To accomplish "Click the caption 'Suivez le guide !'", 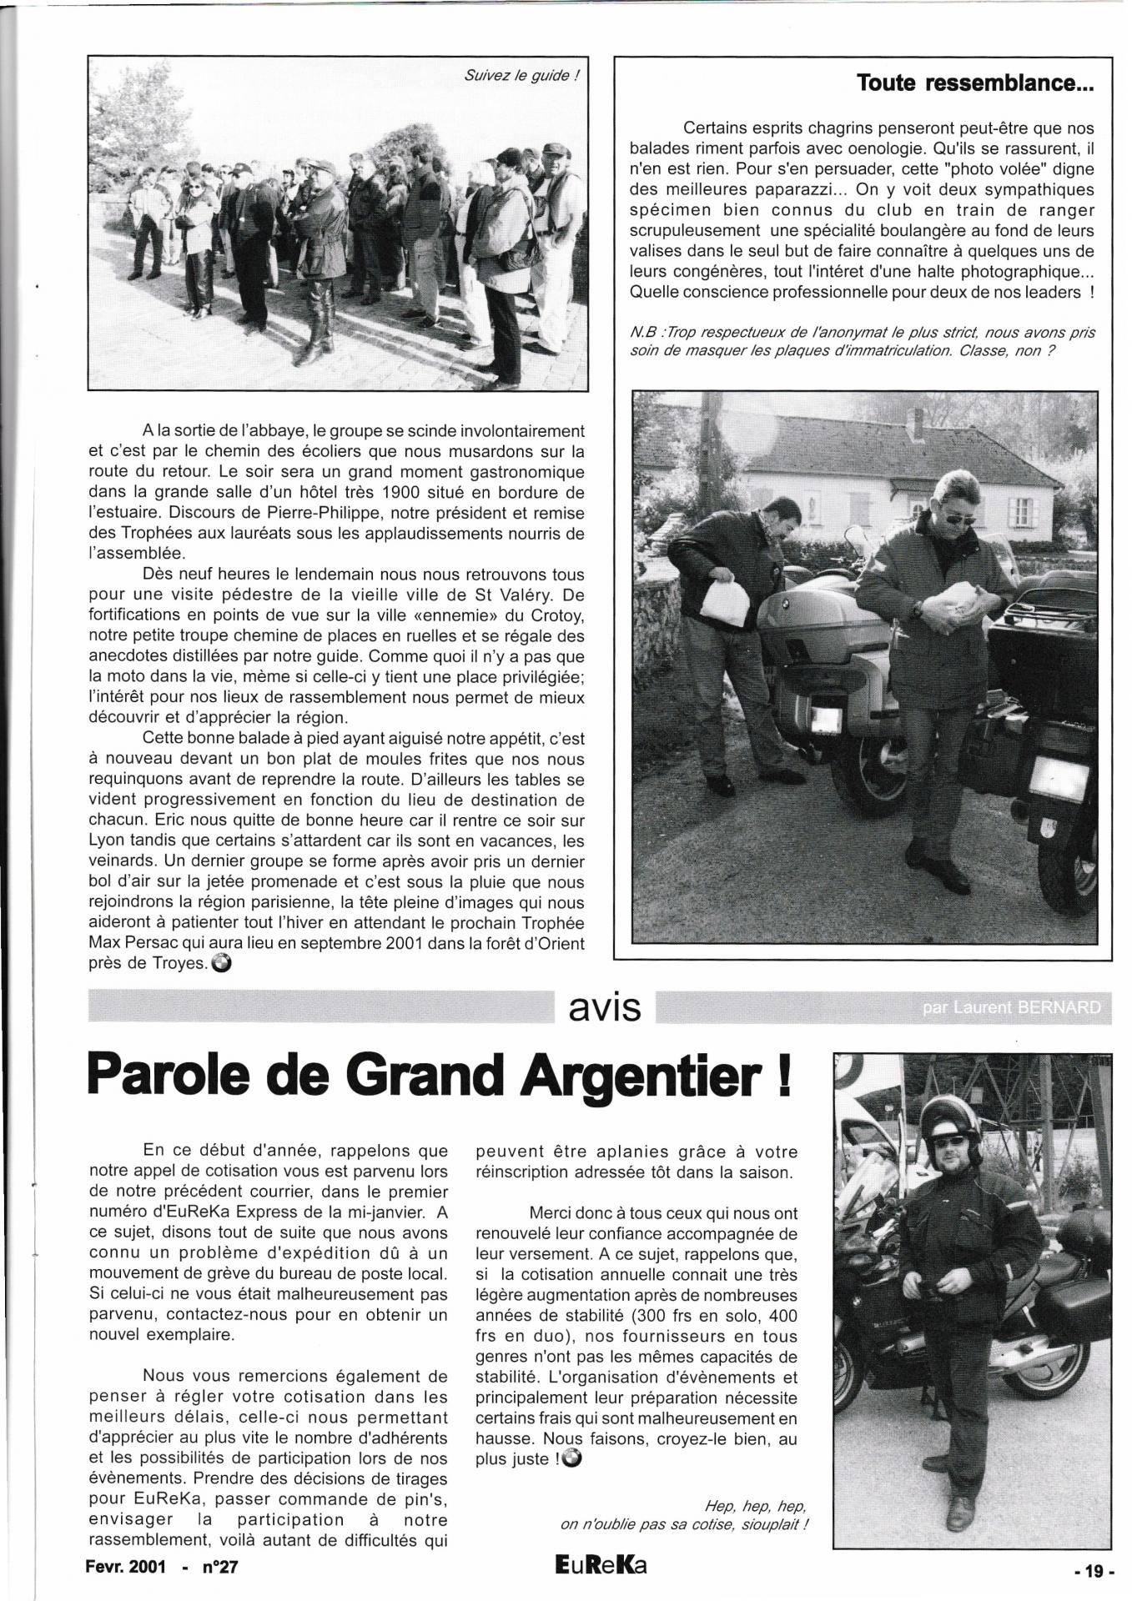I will click(521, 75).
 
